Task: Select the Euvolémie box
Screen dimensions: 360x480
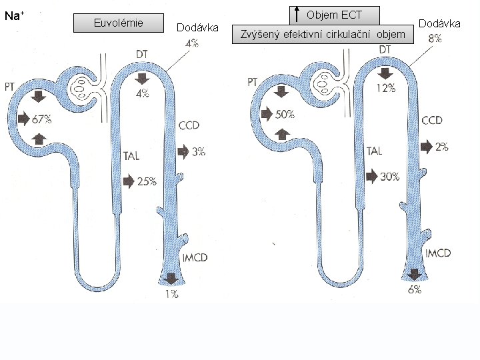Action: [x=119, y=23]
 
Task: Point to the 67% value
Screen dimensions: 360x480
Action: [x=42, y=119]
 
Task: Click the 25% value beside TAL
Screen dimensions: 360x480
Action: [x=147, y=181]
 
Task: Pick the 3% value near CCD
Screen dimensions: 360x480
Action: [x=198, y=151]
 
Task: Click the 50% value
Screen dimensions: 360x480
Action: [x=285, y=114]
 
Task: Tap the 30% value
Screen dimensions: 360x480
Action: [x=389, y=176]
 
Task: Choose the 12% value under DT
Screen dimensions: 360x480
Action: [x=386, y=87]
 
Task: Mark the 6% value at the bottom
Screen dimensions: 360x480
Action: [x=414, y=289]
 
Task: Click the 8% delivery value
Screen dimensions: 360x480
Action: [x=435, y=39]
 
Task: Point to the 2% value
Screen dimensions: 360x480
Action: [x=441, y=147]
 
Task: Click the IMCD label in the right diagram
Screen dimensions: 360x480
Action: [x=438, y=253]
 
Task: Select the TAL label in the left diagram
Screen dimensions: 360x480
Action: [x=131, y=157]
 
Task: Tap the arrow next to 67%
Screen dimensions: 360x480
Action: [x=24, y=119]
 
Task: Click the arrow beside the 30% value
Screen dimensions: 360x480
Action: [x=371, y=176]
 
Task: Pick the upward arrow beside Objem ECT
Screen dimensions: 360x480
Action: [x=295, y=13]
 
